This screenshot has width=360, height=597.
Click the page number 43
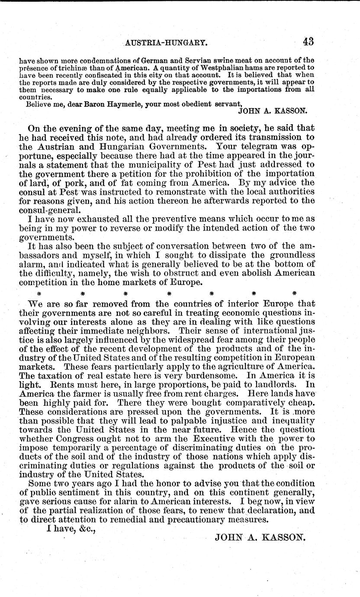[308, 42]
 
